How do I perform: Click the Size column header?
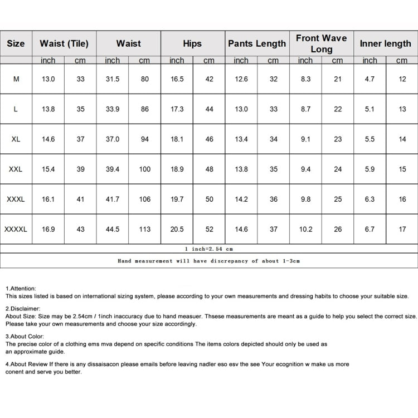click(x=16, y=43)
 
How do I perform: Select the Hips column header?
click(x=192, y=43)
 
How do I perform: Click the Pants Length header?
click(x=257, y=43)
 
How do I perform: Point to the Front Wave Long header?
click(x=321, y=43)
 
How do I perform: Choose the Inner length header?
click(x=385, y=43)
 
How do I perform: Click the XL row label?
click(x=16, y=139)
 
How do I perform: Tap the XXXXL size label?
click(x=16, y=229)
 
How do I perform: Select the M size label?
click(x=16, y=79)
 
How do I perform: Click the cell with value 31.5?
click(x=113, y=79)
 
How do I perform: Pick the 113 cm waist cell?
click(x=145, y=229)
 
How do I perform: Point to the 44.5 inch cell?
click(x=113, y=229)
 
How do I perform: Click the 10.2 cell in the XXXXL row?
click(x=305, y=229)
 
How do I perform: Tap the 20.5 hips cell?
click(x=177, y=229)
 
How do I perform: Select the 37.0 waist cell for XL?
click(x=113, y=139)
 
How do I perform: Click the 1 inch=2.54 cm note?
click(x=209, y=249)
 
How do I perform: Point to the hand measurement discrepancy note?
click(x=209, y=261)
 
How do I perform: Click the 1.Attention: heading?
click(x=21, y=288)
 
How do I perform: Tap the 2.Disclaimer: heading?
click(x=23, y=308)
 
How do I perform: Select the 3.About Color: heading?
click(x=25, y=337)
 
